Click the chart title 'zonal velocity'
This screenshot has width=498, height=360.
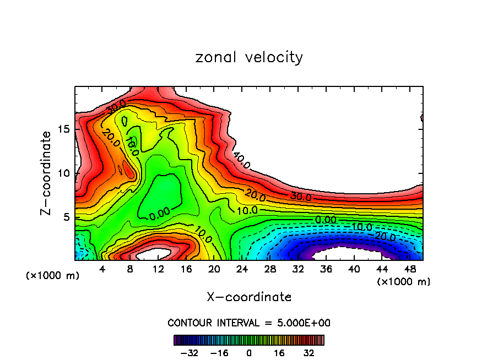(x=249, y=57)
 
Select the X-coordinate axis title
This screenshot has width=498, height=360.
(x=249, y=297)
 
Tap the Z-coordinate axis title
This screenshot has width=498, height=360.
(x=47, y=173)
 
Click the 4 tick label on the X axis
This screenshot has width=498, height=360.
(x=102, y=269)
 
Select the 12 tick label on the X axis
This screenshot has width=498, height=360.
(x=158, y=269)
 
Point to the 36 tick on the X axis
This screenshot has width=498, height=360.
(x=326, y=269)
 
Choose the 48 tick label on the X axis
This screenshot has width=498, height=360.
(x=410, y=269)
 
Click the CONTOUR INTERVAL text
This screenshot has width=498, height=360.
(x=249, y=323)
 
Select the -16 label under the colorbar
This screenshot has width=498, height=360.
(x=219, y=353)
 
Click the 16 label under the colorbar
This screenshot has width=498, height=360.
(x=279, y=353)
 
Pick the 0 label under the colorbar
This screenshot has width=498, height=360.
(x=249, y=353)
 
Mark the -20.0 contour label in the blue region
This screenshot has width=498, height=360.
(x=386, y=236)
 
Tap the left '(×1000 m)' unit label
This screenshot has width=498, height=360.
(x=53, y=275)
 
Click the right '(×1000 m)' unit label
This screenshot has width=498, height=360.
(x=404, y=281)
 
